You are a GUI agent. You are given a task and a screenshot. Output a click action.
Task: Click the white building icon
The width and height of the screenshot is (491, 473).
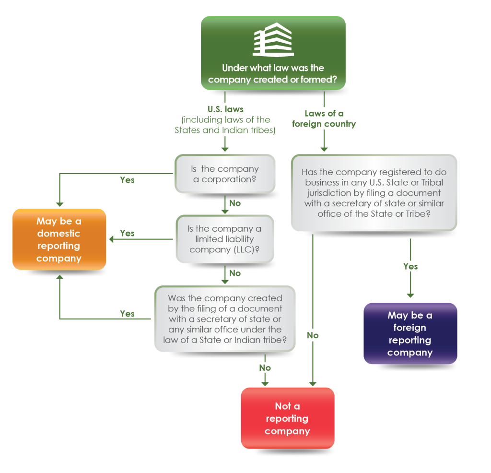tap(273, 40)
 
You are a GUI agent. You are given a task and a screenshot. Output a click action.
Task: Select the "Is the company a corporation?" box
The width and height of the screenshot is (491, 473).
tap(225, 174)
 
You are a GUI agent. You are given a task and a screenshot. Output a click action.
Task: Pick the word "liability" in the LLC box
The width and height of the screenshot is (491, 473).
tap(239, 239)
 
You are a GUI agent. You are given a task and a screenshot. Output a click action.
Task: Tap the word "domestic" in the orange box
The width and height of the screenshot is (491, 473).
tap(58, 234)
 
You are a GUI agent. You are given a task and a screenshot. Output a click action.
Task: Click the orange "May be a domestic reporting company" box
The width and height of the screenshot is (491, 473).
tap(59, 239)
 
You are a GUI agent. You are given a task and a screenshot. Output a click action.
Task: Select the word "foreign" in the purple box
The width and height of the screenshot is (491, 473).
tap(409, 328)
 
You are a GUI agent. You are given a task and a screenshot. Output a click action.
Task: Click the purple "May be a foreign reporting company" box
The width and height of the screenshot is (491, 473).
tap(410, 334)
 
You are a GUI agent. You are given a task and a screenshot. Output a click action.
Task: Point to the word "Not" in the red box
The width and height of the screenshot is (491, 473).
tap(287, 406)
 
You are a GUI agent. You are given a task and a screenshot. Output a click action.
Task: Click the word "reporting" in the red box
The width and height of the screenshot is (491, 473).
tap(287, 418)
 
